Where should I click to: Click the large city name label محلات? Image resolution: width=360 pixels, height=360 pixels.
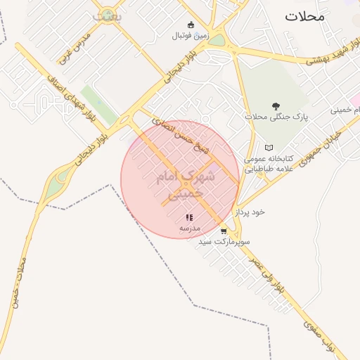click(305, 16)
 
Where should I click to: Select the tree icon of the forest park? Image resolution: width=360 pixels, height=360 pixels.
click(273, 105)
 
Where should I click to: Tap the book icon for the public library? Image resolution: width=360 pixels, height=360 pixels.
click(268, 148)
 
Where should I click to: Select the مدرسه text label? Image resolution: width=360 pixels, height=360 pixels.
click(189, 229)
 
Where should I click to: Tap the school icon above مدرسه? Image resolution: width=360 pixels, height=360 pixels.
click(188, 218)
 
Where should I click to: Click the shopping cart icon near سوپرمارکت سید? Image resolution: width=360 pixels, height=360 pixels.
click(224, 231)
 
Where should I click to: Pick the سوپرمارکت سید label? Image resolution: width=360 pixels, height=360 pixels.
click(224, 241)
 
